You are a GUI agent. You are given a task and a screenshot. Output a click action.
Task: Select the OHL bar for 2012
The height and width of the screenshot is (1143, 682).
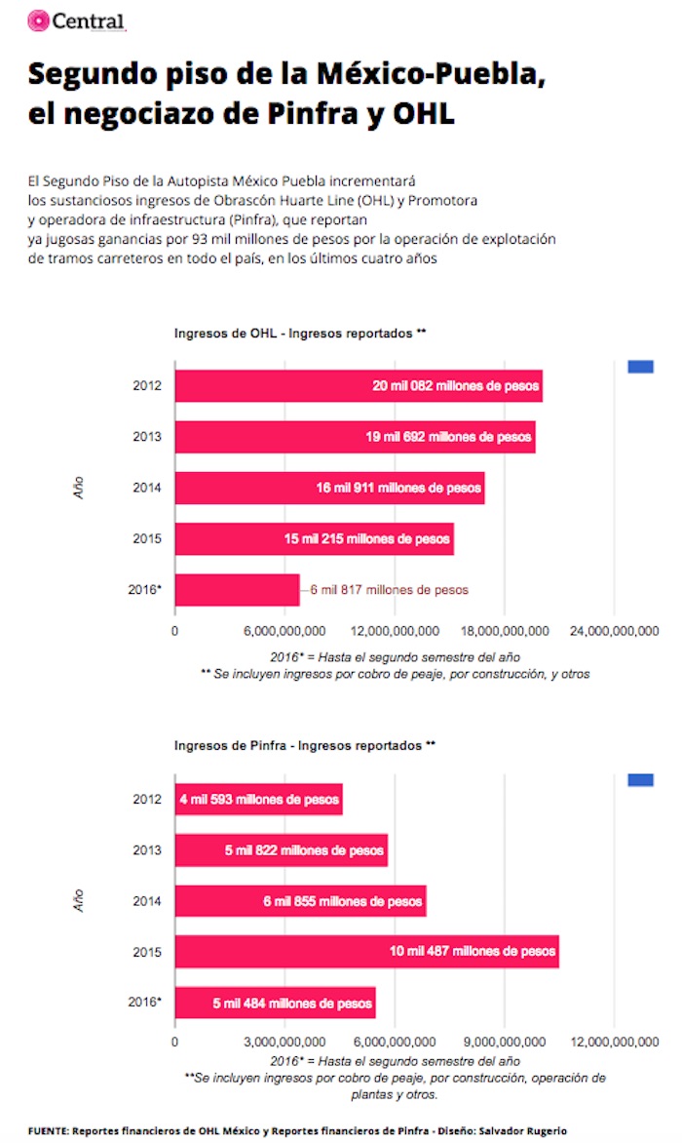(358, 385)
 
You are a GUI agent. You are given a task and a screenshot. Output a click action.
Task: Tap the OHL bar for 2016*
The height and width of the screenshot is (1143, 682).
(237, 589)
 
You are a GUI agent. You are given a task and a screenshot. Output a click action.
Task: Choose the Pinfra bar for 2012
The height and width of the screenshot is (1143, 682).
(258, 799)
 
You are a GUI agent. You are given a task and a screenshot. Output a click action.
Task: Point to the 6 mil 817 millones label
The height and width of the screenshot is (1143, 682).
(389, 590)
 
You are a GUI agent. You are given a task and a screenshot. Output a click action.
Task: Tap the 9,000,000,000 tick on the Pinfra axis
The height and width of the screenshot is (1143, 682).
(504, 1042)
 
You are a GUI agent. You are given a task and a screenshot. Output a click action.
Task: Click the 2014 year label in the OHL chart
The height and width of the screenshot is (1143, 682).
(147, 487)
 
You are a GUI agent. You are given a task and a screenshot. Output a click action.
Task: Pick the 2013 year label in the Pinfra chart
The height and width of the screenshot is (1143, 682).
(147, 849)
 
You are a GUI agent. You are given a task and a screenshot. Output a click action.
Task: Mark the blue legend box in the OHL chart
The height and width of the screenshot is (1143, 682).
(640, 367)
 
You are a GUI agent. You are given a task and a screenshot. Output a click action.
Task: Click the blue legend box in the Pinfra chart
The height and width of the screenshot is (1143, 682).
(640, 779)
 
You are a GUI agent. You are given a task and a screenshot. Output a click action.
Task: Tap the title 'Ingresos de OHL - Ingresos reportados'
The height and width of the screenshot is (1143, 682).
(300, 333)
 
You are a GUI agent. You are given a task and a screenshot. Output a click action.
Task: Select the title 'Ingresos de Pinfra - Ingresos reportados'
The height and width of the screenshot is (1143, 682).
(304, 745)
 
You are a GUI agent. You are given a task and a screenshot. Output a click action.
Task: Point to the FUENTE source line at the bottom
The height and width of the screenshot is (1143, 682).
(297, 1130)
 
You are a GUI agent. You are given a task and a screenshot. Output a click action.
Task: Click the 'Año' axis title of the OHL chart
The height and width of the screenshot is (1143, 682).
(79, 488)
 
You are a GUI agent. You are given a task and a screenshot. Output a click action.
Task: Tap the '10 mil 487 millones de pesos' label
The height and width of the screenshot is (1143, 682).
(472, 951)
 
